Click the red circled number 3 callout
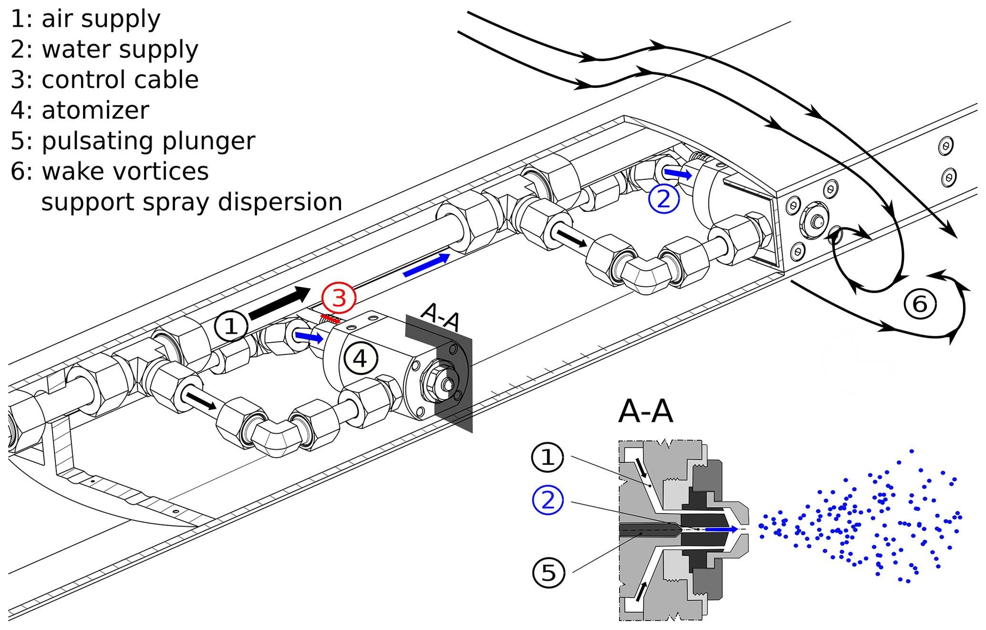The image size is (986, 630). [x=339, y=298]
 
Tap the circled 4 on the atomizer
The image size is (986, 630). [x=361, y=358]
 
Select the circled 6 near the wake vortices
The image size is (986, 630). [x=920, y=304]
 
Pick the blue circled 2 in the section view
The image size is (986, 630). [x=548, y=500]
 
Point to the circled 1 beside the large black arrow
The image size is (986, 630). [x=231, y=326]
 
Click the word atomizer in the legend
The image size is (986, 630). [x=95, y=110]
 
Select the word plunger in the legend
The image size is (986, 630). [x=220, y=141]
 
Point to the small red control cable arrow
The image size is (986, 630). [x=330, y=318]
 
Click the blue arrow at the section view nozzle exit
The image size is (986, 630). [x=721, y=529]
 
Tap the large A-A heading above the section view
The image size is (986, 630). [x=645, y=411]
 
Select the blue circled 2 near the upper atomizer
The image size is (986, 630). [x=664, y=198]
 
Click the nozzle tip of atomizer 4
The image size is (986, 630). [x=447, y=384]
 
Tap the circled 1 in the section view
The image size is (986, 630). [x=548, y=457]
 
